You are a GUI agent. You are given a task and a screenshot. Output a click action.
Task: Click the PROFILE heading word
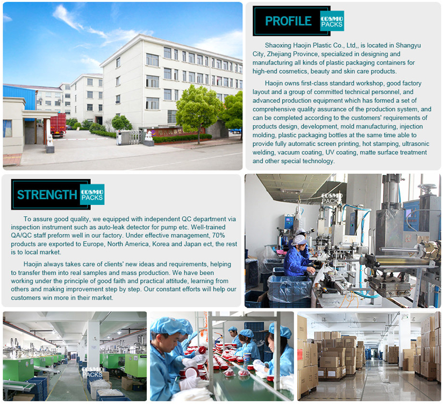pyautogui.click(x=288, y=21)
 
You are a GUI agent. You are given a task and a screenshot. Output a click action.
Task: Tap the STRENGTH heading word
pyautogui.click(x=47, y=195)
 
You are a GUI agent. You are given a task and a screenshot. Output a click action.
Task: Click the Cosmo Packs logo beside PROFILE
pyautogui.click(x=332, y=21)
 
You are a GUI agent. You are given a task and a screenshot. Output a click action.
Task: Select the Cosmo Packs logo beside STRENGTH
pyautogui.click(x=92, y=194)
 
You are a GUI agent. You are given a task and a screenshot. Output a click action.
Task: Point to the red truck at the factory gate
pyautogui.click(x=58, y=125)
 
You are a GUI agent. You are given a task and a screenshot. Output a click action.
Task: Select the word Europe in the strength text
pyautogui.click(x=93, y=244)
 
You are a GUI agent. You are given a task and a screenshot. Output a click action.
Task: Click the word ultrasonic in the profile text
pyautogui.click(x=416, y=144)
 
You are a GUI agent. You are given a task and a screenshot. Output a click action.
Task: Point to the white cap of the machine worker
pyautogui.click(x=299, y=240)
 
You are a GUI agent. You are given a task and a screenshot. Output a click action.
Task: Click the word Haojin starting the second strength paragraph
pyautogui.click(x=33, y=264)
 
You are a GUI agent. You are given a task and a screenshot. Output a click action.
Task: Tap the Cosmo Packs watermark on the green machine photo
pyautogui.click(x=92, y=372)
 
